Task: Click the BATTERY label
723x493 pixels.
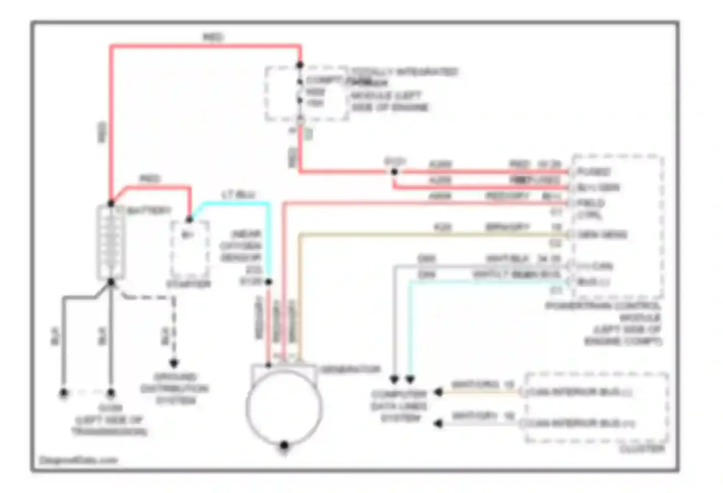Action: [x=149, y=210]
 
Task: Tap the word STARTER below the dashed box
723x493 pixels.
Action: [x=188, y=284]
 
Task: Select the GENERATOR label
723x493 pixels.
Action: [x=350, y=369]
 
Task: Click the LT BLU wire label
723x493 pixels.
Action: [x=238, y=195]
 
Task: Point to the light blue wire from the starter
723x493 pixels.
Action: [x=231, y=204]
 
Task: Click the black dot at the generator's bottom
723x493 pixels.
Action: [x=284, y=445]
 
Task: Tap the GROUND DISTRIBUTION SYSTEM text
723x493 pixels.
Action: [x=174, y=388]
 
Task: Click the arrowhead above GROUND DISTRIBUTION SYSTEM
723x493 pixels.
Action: [x=174, y=363]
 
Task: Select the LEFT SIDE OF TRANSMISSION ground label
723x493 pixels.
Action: [x=109, y=420]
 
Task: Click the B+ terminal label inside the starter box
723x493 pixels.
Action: [x=187, y=234]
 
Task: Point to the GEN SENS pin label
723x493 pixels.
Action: [x=602, y=234]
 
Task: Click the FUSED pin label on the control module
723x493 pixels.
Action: [x=594, y=171]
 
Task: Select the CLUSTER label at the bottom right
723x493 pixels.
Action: [x=642, y=449]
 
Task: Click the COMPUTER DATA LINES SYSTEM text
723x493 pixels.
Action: [x=400, y=406]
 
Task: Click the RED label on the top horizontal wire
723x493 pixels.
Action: [x=213, y=37]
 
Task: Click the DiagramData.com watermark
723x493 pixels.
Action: [x=78, y=460]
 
